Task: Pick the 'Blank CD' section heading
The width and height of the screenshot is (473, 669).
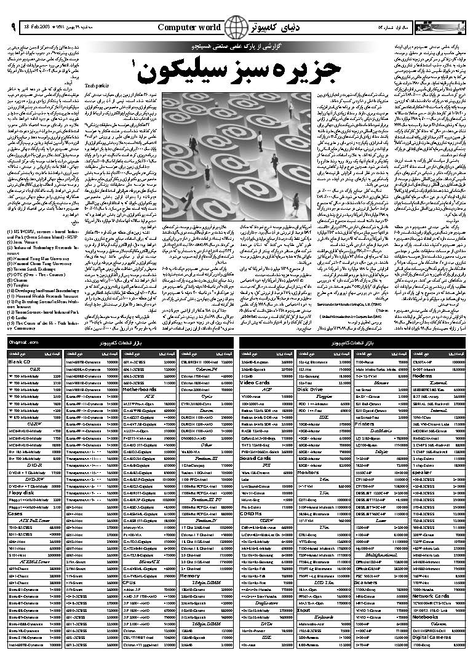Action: [20, 362]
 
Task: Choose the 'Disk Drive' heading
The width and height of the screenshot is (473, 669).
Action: [311, 389]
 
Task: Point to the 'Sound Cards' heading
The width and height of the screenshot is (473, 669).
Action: [255, 458]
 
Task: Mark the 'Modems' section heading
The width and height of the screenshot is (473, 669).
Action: [422, 376]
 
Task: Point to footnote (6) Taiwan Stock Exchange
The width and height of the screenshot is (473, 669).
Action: [36, 252]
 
